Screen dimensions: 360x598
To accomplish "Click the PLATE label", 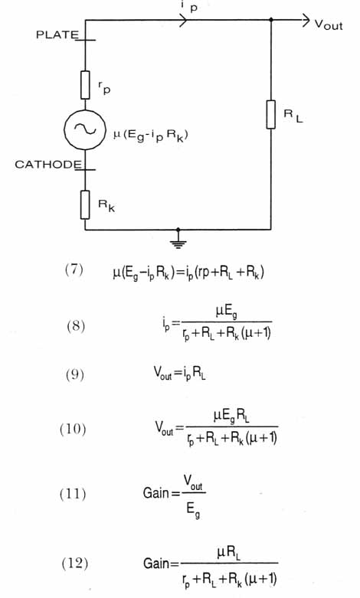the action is coord(57,34).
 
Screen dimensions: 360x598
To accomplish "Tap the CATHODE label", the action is coord(48,165).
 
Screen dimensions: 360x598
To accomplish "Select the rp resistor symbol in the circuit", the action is coord(85,85).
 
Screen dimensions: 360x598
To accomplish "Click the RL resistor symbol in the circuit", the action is coord(270,114).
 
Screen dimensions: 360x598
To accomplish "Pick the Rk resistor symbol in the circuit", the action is coord(85,204).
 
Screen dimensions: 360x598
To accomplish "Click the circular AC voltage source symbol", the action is coord(85,129).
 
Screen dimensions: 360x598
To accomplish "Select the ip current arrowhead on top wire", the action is coord(183,20).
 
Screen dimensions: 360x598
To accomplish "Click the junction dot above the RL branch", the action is coord(270,20).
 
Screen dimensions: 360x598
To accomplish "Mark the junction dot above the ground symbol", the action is coord(178,230).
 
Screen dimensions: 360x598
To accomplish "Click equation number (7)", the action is coord(74,270).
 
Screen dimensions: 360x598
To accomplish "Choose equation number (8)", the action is coord(76,326).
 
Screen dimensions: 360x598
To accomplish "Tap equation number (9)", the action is coord(74,374).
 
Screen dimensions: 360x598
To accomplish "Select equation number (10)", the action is coord(73,429).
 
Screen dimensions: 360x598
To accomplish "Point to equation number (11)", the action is coord(73,494).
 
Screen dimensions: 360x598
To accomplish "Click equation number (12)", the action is coord(75,564).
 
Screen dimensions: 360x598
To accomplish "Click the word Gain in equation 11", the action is coord(156,493).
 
